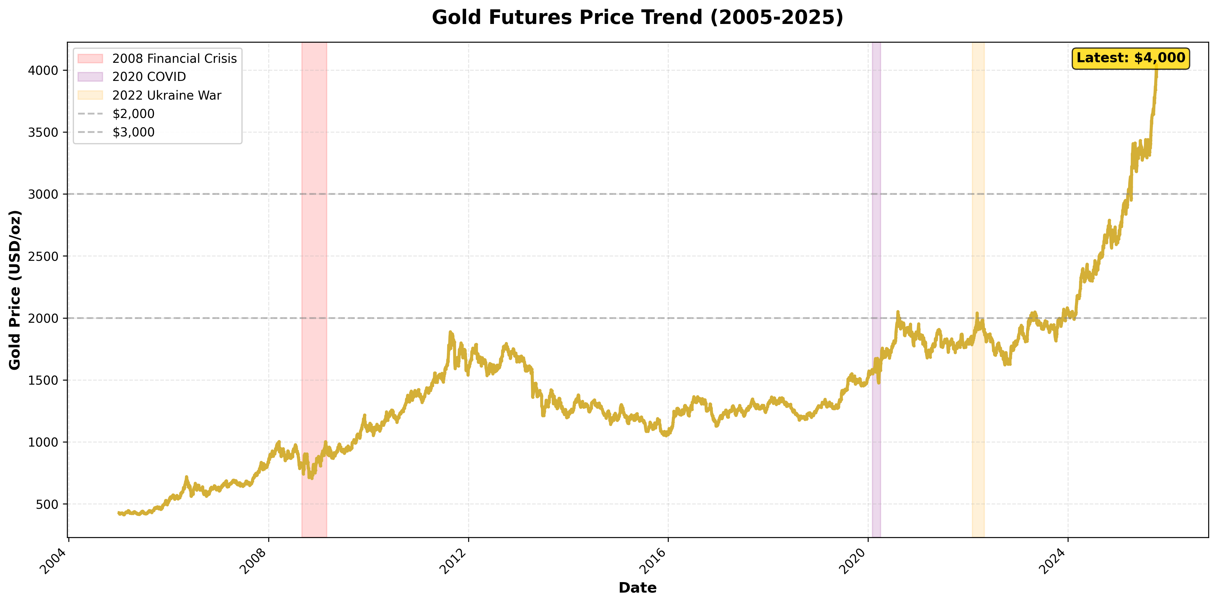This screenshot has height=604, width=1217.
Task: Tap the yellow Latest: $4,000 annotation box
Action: point(1130,58)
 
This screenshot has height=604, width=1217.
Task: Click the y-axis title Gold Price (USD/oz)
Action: point(15,290)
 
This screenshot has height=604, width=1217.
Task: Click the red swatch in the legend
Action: point(90,58)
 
